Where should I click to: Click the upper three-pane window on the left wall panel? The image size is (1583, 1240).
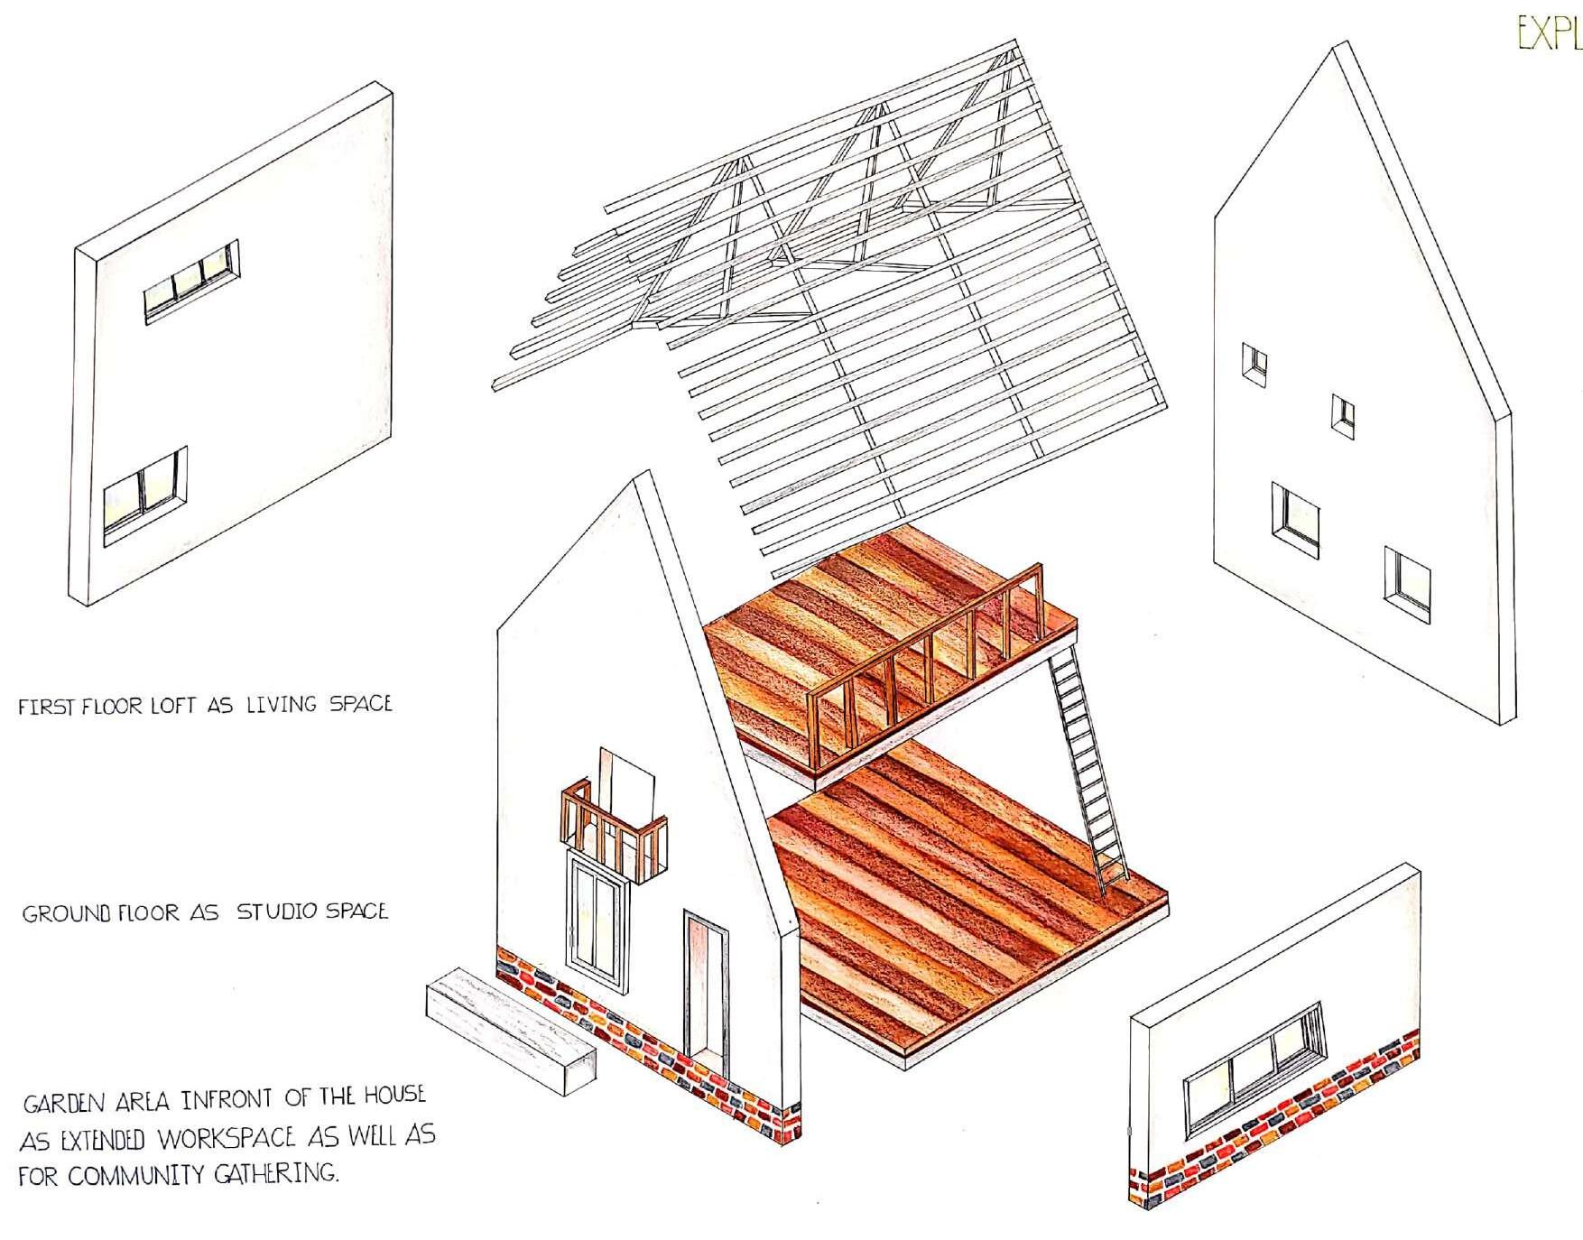pyautogui.click(x=191, y=282)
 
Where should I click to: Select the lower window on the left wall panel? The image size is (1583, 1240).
pyautogui.click(x=144, y=495)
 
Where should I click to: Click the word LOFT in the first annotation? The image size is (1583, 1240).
pyautogui.click(x=173, y=706)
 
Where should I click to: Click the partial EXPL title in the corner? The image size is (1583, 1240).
pyautogui.click(x=1549, y=34)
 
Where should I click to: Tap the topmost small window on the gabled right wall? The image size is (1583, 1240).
pyautogui.click(x=1254, y=365)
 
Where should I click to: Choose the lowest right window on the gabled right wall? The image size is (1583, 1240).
pyautogui.click(x=1407, y=585)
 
